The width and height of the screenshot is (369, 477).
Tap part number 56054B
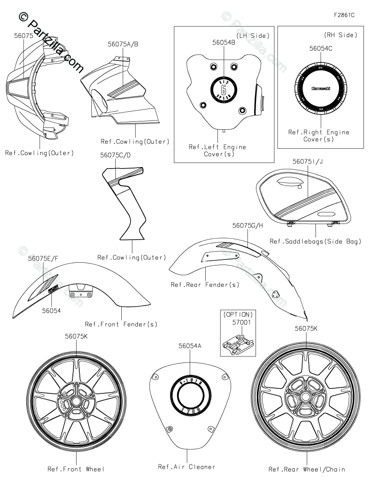[x=224, y=42]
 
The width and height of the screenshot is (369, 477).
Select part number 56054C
[x=321, y=48]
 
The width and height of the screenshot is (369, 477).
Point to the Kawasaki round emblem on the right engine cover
[x=320, y=88]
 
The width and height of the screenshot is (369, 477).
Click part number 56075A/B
[x=123, y=44]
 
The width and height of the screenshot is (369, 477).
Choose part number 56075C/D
[x=115, y=157]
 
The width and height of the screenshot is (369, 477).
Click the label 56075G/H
[x=248, y=225]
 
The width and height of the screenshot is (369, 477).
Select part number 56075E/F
[x=43, y=259]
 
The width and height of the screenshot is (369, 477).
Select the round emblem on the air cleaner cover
[x=190, y=396]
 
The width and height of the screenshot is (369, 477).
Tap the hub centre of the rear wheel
[x=305, y=398]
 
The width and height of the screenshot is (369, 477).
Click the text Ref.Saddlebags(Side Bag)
[x=315, y=241]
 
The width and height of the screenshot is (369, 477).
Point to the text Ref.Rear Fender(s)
[x=205, y=284]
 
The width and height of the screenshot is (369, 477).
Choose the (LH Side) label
[x=252, y=35]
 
